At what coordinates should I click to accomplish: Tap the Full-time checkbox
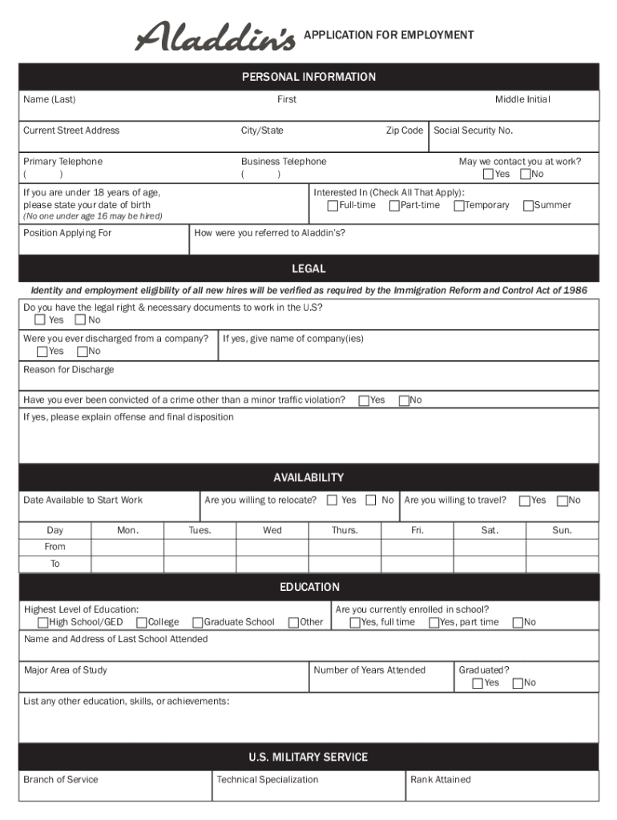pyautogui.click(x=333, y=206)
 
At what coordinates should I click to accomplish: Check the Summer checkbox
pyautogui.click(x=528, y=206)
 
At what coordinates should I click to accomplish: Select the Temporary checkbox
pyautogui.click(x=459, y=206)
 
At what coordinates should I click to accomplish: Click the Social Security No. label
pyautogui.click(x=473, y=131)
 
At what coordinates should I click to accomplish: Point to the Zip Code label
pyautogui.click(x=404, y=131)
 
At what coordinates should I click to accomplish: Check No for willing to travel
pyautogui.click(x=563, y=500)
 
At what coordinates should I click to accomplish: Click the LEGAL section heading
pyautogui.click(x=308, y=269)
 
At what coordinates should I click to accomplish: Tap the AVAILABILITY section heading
pyautogui.click(x=308, y=477)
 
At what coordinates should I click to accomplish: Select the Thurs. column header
pyautogui.click(x=345, y=530)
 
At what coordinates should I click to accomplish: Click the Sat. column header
pyautogui.click(x=490, y=530)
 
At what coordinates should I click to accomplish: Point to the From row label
pyautogui.click(x=55, y=547)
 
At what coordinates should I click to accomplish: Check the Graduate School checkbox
pyautogui.click(x=197, y=622)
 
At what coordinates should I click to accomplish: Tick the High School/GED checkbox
pyautogui.click(x=42, y=622)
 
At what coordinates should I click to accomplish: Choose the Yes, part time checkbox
pyautogui.click(x=434, y=622)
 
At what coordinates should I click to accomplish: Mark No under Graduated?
pyautogui.click(x=518, y=683)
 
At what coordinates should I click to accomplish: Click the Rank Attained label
pyautogui.click(x=440, y=779)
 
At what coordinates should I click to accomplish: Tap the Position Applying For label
pyautogui.click(x=67, y=233)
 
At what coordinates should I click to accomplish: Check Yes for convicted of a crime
pyautogui.click(x=364, y=400)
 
